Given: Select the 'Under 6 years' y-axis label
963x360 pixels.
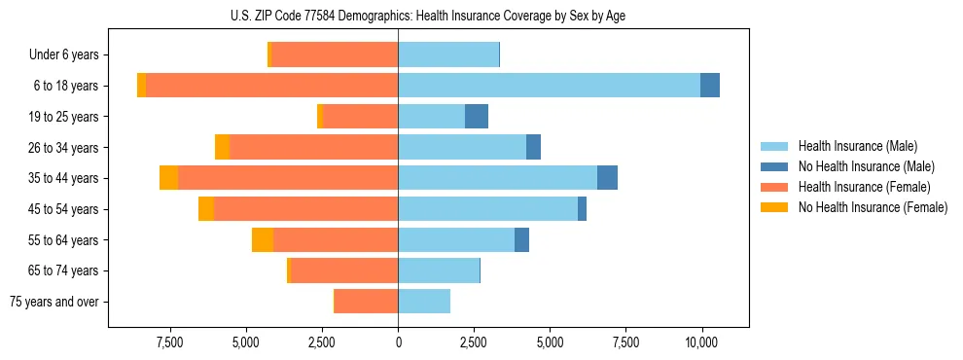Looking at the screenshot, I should point(63,55).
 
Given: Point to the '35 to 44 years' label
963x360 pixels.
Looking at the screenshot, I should point(64,178).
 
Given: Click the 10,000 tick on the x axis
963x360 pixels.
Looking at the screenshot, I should point(701,342).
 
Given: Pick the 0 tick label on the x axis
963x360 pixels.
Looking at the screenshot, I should point(398,342).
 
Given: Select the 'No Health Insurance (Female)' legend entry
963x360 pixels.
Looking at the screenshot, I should point(873,207).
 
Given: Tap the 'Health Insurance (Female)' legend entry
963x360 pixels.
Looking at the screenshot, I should point(864,187).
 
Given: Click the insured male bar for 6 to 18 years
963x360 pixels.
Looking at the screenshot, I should point(549,86).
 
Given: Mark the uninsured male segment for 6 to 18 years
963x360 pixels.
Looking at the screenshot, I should point(710,86).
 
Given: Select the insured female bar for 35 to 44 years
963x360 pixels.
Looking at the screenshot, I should point(288,178).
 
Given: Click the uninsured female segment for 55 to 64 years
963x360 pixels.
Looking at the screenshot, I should point(263,239).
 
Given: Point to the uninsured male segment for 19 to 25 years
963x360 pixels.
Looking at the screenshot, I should point(477,117).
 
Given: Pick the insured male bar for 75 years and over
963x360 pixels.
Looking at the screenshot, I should point(424,302).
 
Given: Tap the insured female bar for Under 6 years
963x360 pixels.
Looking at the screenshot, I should point(334,55).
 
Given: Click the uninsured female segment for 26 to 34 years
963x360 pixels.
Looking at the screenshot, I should point(223,147).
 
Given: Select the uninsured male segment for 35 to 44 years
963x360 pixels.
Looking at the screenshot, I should point(608,178).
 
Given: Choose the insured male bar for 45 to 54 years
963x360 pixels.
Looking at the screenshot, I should point(487,209).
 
